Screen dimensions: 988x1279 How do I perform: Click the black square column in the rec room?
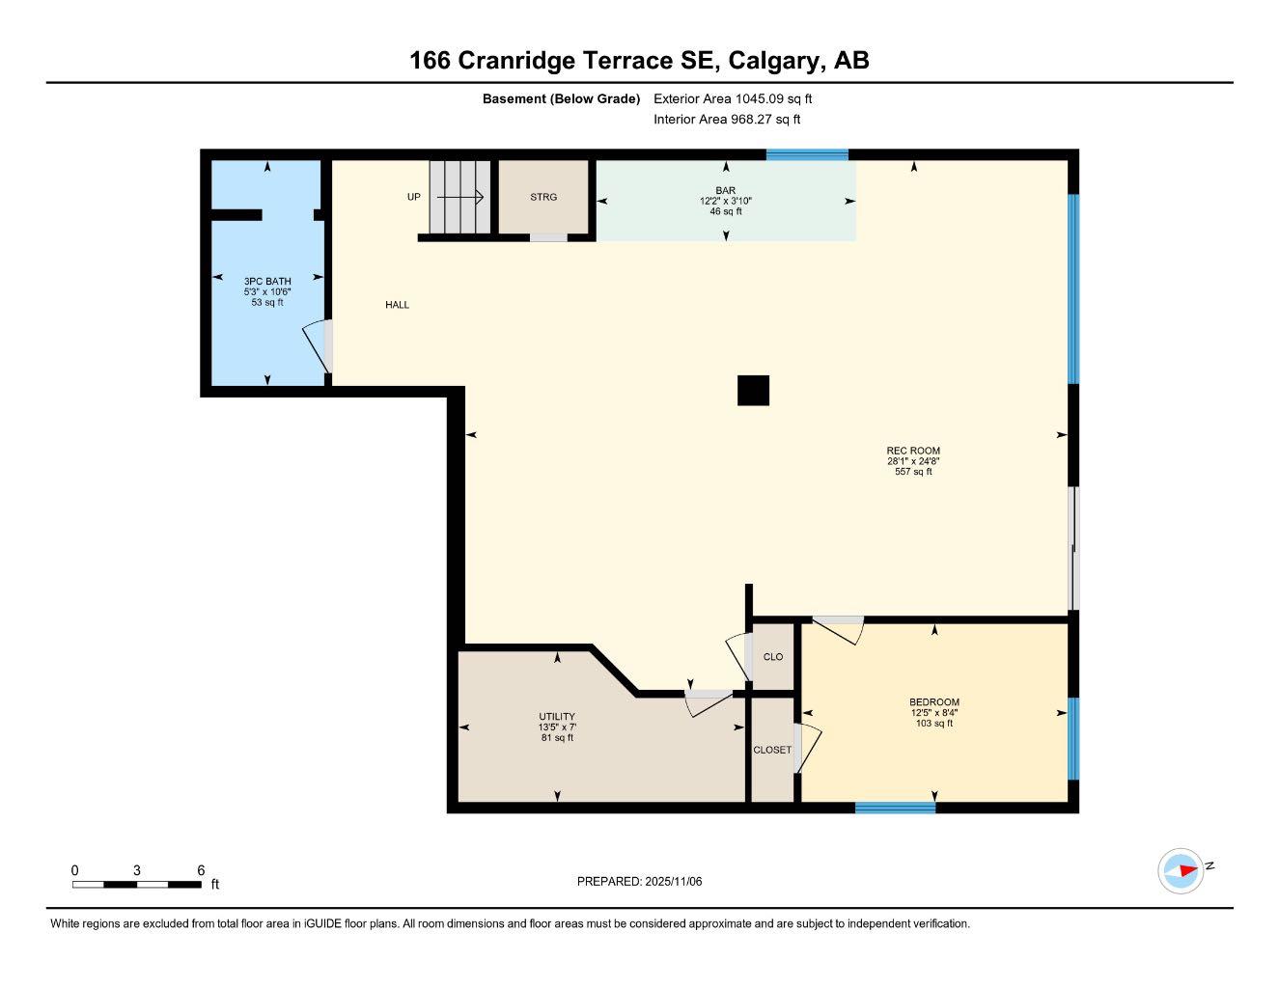(753, 390)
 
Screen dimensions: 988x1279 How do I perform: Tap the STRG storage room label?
(543, 197)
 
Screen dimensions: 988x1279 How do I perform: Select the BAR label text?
(726, 190)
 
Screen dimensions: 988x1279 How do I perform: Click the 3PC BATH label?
(267, 282)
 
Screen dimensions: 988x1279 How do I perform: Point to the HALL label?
(398, 305)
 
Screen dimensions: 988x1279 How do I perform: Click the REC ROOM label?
(913, 451)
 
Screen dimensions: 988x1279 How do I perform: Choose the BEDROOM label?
(934, 702)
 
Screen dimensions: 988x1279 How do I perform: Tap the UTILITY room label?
(557, 717)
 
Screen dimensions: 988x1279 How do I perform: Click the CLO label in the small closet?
(773, 657)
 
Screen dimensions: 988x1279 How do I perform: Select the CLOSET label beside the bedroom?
(772, 750)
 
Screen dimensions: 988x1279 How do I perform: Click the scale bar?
(136, 884)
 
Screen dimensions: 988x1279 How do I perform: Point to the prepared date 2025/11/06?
(639, 881)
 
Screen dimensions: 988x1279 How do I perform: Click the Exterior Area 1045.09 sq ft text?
(733, 98)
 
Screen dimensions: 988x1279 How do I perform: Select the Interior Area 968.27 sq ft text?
(727, 120)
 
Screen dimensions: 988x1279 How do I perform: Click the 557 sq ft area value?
(913, 472)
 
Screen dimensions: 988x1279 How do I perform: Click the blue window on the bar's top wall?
(807, 154)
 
